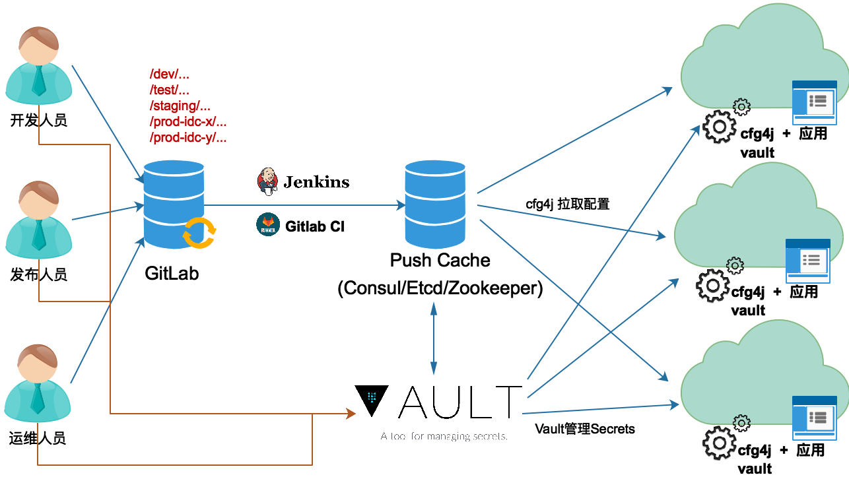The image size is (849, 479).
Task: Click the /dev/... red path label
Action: click(170, 75)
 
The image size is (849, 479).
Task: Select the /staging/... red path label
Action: click(180, 106)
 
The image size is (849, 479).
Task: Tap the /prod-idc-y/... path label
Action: click(189, 138)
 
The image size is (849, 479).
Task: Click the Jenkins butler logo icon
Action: click(267, 181)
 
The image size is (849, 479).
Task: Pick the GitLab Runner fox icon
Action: click(267, 224)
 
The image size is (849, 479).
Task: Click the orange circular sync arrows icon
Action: click(199, 233)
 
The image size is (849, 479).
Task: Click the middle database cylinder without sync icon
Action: click(434, 204)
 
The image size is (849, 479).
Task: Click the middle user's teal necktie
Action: click(39, 234)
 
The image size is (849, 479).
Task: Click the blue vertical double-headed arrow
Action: click(434, 338)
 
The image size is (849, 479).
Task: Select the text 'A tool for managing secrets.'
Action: click(444, 436)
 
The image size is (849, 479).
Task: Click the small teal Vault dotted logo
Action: click(372, 397)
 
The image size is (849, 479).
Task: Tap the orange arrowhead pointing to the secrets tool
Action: click(351, 414)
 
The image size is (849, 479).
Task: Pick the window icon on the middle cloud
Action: click(807, 261)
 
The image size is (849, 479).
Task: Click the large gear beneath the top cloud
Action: click(719, 127)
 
